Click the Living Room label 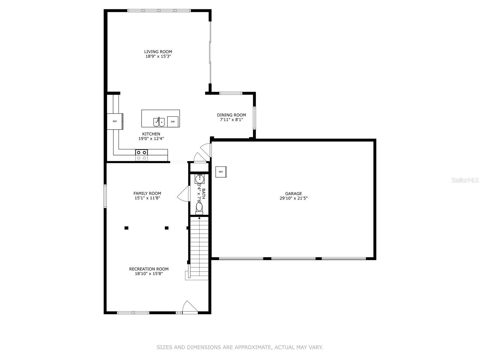158,52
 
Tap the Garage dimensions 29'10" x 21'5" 293,198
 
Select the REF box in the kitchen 115,121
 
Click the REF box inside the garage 221,172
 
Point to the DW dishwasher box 173,121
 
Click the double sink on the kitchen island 159,122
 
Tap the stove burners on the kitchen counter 142,155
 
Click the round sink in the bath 199,179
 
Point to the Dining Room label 231,115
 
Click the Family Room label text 147,193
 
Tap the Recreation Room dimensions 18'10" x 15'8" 149,274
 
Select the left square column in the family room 126,228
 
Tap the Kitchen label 151,134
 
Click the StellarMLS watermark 465,180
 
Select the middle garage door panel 293,259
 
